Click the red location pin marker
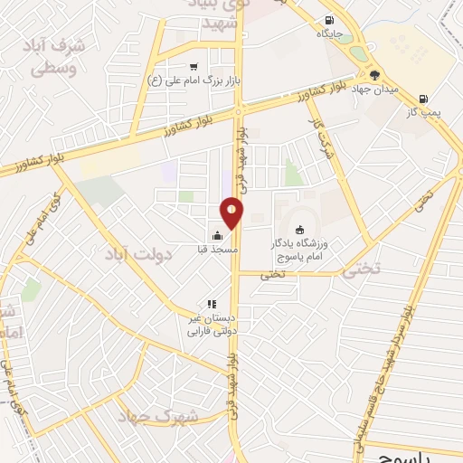[232, 213]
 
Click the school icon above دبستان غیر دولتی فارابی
[211, 305]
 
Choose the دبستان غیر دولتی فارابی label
[210, 326]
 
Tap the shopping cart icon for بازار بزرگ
[194, 66]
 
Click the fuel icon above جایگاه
[328, 20]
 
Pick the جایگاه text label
[328, 33]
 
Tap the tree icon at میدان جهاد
[374, 75]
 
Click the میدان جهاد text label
[374, 90]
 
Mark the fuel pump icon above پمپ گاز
[424, 99]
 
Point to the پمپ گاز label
[425, 112]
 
